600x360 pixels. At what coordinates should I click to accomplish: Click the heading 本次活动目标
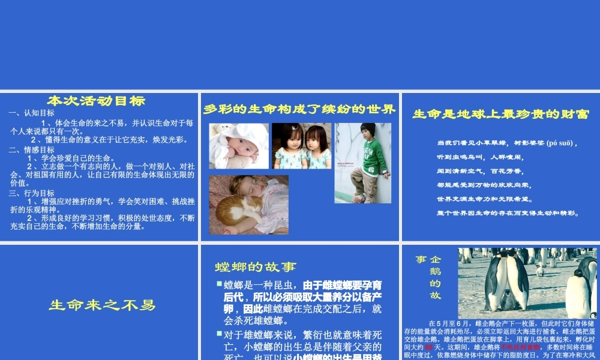(x=96, y=101)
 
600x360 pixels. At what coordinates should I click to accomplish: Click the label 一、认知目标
(x=32, y=113)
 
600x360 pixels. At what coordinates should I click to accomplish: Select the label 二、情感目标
(x=32, y=150)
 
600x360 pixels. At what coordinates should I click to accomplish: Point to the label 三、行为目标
(x=32, y=193)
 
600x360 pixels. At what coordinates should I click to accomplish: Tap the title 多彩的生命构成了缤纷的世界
(x=299, y=109)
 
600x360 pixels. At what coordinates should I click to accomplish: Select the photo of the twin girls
(x=302, y=146)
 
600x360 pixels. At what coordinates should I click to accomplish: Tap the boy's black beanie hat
(x=368, y=129)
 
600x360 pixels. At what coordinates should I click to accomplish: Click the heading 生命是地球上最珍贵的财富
(x=500, y=114)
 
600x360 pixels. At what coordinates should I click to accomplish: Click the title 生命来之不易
(x=102, y=305)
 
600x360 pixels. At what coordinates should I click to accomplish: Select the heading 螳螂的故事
(x=256, y=267)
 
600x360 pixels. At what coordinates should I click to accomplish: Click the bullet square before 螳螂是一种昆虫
(x=220, y=283)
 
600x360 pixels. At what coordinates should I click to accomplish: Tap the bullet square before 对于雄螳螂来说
(x=220, y=332)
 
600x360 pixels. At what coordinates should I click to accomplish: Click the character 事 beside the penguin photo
(x=421, y=259)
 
